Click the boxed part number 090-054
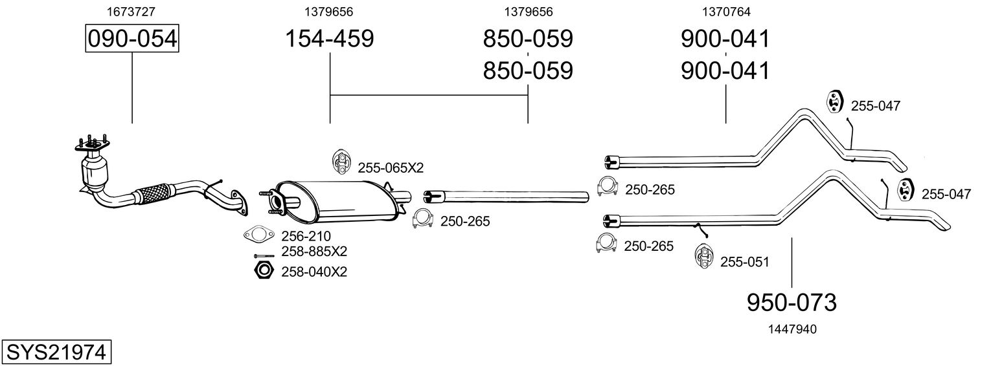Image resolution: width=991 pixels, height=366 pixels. click(x=132, y=39)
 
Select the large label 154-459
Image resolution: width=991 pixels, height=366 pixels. click(x=330, y=39)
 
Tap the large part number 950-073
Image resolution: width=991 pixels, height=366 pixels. click(x=792, y=302)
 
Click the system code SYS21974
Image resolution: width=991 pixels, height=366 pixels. click(x=56, y=352)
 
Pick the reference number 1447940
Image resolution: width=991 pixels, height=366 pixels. click(x=791, y=329)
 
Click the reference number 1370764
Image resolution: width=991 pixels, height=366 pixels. click(x=725, y=12)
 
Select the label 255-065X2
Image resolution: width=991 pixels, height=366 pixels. click(x=390, y=168)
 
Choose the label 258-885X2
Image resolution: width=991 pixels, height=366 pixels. click(x=314, y=252)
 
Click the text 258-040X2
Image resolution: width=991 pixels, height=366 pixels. click(x=314, y=272)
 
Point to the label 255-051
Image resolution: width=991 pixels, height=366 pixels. click(x=744, y=263)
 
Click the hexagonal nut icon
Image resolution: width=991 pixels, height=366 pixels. click(x=263, y=271)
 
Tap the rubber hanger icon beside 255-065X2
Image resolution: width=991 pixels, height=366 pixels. click(x=340, y=162)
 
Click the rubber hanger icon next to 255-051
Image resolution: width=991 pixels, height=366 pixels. click(x=703, y=255)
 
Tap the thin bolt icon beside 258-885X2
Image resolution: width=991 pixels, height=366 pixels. click(x=264, y=255)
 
